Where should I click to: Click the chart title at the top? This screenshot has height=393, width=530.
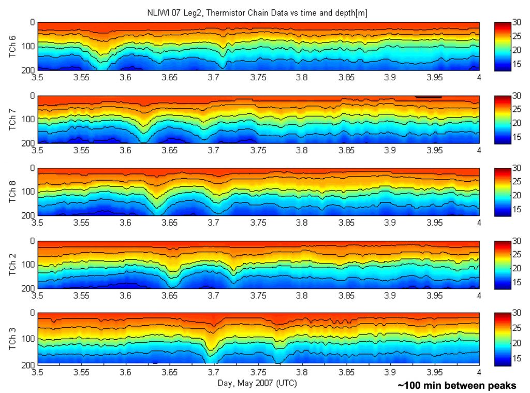click(258, 13)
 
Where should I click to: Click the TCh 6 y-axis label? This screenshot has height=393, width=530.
click(13, 46)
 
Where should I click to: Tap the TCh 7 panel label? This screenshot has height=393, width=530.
click(13, 119)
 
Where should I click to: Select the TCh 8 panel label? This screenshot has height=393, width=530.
click(13, 192)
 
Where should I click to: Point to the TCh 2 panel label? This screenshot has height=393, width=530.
click(13, 265)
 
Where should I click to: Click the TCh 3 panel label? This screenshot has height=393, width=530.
click(13, 338)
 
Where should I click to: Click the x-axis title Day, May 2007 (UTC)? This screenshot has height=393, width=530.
click(258, 383)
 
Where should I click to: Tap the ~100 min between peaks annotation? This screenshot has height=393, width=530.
click(457, 386)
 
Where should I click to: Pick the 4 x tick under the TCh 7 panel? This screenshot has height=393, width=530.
click(479, 150)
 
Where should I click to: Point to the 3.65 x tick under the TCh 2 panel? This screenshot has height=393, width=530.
click(170, 296)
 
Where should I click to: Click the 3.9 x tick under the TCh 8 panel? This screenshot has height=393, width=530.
click(390, 223)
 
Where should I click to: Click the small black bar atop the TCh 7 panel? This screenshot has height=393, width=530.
click(428, 97)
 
